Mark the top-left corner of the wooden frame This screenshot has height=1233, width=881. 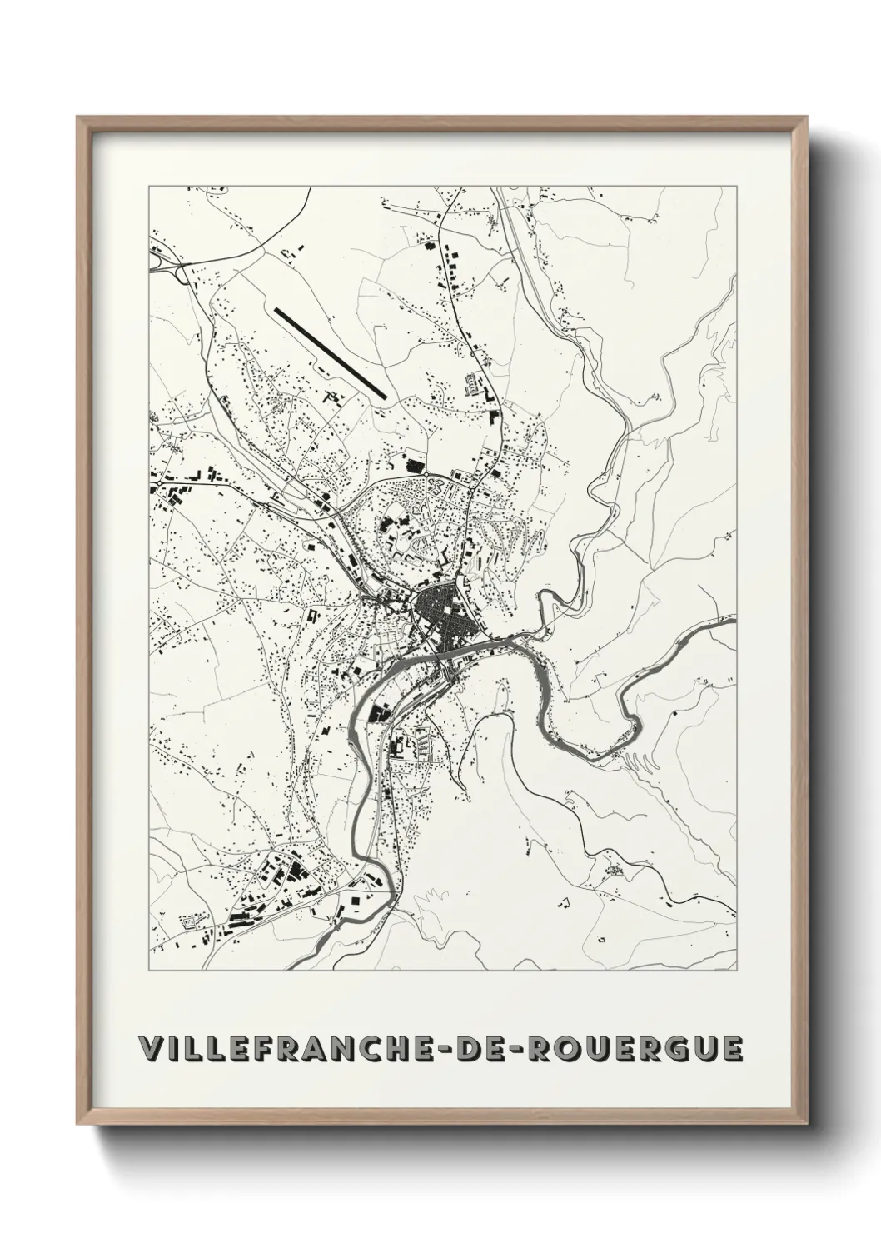[78, 117]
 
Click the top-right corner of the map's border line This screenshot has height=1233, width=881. [737, 187]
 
